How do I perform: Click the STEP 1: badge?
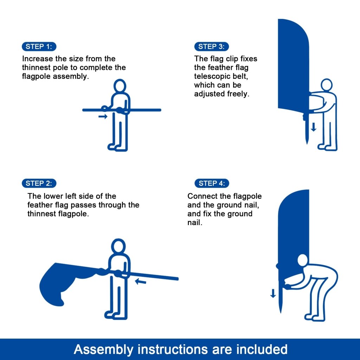39,46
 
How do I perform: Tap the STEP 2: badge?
39,183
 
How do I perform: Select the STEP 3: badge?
211,46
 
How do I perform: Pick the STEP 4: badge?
212,183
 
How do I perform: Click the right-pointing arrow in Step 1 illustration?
103,116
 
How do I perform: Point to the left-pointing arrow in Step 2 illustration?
141,281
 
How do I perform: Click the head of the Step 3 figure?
327,85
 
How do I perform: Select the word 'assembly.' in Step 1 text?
71,76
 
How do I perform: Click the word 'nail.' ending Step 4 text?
195,223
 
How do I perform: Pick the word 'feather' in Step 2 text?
40,205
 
